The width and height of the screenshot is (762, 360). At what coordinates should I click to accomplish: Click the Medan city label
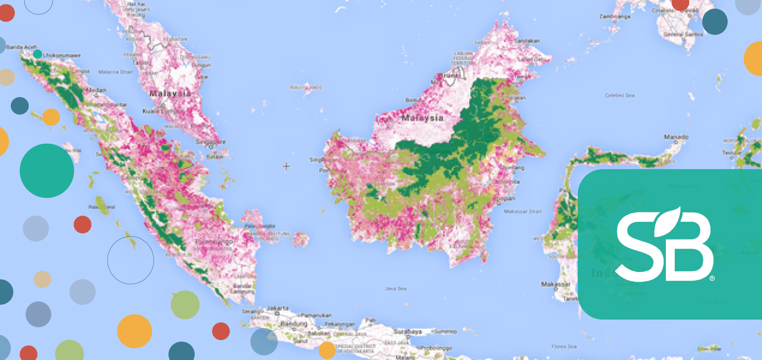(x=96, y=90)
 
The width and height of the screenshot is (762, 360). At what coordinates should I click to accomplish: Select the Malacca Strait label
(x=115, y=72)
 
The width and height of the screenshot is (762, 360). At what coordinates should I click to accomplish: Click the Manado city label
(x=676, y=137)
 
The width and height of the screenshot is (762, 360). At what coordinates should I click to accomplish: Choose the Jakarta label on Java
(x=278, y=308)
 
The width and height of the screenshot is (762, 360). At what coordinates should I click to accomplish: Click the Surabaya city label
(x=408, y=331)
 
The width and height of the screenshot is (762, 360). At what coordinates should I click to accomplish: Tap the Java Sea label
(x=396, y=288)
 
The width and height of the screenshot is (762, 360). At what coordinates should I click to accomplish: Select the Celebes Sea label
(x=620, y=95)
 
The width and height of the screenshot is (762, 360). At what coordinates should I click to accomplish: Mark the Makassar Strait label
(x=523, y=211)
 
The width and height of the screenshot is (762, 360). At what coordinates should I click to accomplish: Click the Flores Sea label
(x=564, y=346)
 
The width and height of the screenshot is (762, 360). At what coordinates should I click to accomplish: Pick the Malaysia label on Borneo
(x=422, y=118)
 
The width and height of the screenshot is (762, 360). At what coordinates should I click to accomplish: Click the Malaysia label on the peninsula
(x=170, y=93)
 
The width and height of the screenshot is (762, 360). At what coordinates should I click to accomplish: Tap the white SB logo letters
(x=664, y=245)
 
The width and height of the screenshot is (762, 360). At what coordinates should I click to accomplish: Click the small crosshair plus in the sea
(x=286, y=166)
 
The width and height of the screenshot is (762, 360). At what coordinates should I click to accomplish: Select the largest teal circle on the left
(x=47, y=170)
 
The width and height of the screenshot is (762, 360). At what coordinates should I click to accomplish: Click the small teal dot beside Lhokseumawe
(x=38, y=54)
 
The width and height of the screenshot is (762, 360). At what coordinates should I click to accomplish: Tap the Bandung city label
(x=294, y=323)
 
